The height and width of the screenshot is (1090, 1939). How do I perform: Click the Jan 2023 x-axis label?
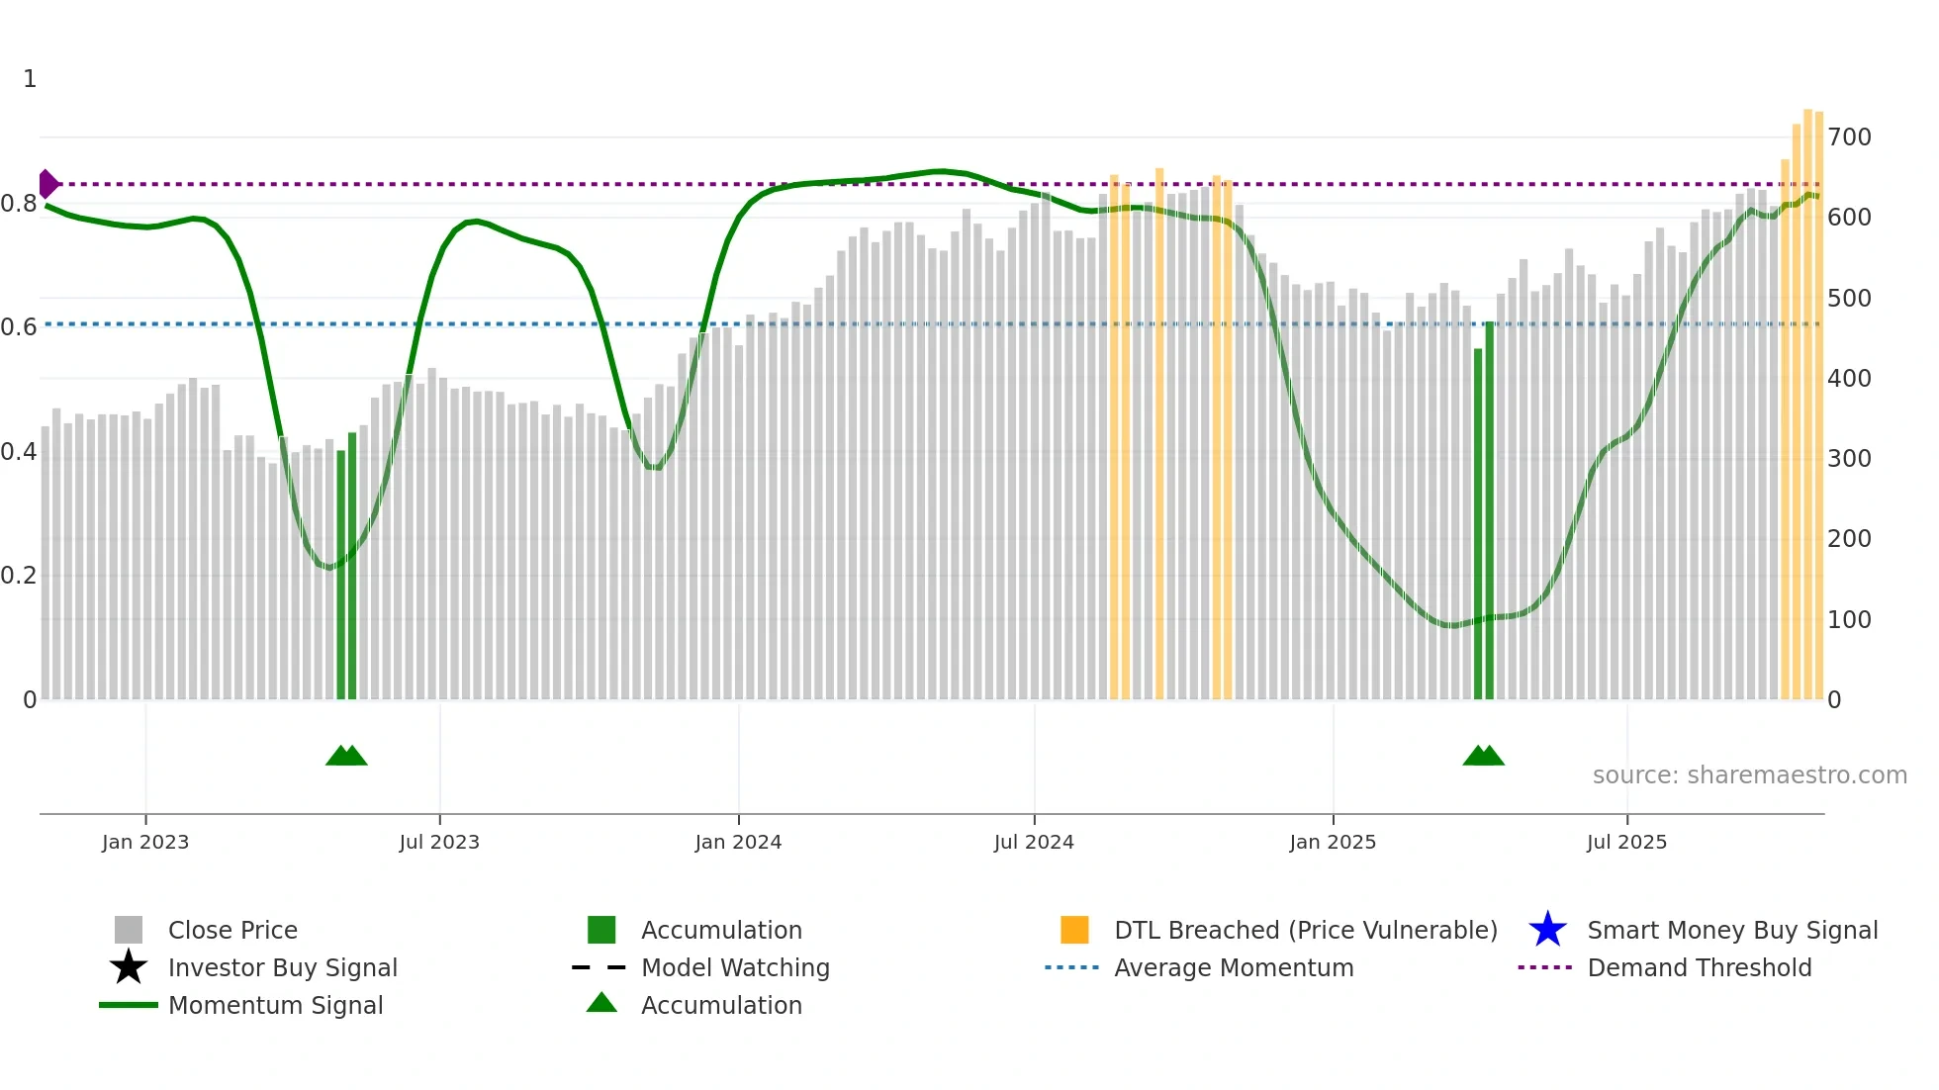click(x=145, y=842)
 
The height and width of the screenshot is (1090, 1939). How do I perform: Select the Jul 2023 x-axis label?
click(x=439, y=842)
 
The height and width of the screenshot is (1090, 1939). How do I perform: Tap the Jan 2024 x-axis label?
click(x=738, y=842)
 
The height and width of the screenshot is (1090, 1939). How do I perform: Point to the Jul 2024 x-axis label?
click(x=1034, y=842)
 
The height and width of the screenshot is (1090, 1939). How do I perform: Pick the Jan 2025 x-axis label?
click(x=1333, y=842)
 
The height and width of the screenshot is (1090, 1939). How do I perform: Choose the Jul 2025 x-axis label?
click(x=1626, y=842)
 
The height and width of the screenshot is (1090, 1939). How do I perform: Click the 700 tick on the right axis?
click(x=1849, y=137)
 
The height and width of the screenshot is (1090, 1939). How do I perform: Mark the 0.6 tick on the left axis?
click(x=19, y=327)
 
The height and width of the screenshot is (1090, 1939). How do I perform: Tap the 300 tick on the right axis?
click(x=1849, y=459)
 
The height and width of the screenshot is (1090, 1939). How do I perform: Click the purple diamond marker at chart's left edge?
click(x=47, y=184)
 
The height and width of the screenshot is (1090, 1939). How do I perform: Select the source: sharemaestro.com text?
click(x=1749, y=775)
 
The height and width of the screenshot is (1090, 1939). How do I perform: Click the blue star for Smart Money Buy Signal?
click(x=1547, y=930)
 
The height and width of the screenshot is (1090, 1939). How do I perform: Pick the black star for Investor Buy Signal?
click(x=129, y=967)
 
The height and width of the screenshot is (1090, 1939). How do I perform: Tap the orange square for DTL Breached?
click(x=1074, y=930)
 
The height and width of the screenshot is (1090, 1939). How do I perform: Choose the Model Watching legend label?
click(x=735, y=967)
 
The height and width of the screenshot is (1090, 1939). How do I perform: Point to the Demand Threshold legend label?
click(x=1699, y=967)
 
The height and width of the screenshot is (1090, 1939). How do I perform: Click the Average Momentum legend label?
click(x=1234, y=967)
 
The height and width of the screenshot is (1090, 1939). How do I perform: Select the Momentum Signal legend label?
click(x=275, y=1005)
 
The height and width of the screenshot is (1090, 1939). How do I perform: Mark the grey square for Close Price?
click(x=129, y=930)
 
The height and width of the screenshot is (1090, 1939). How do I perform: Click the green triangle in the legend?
click(x=601, y=1003)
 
